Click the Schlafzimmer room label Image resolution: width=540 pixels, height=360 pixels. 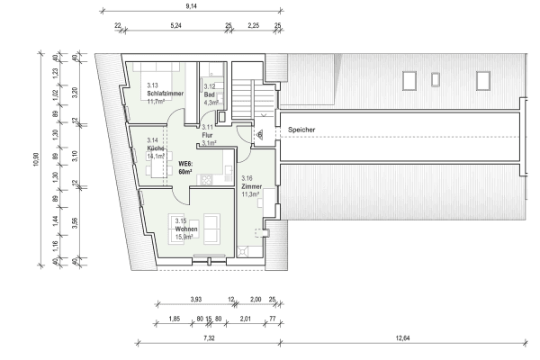pyautogui.click(x=165, y=94)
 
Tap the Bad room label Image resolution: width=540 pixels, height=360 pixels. pyautogui.click(x=210, y=94)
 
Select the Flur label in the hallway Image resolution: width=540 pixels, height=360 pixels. pyautogui.click(x=207, y=135)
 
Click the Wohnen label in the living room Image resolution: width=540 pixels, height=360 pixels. pyautogui.click(x=187, y=229)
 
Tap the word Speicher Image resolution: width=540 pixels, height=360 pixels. pyautogui.click(x=301, y=130)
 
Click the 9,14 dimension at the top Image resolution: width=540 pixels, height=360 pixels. pyautogui.click(x=191, y=7)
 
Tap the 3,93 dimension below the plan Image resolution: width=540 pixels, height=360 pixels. pyautogui.click(x=195, y=299)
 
